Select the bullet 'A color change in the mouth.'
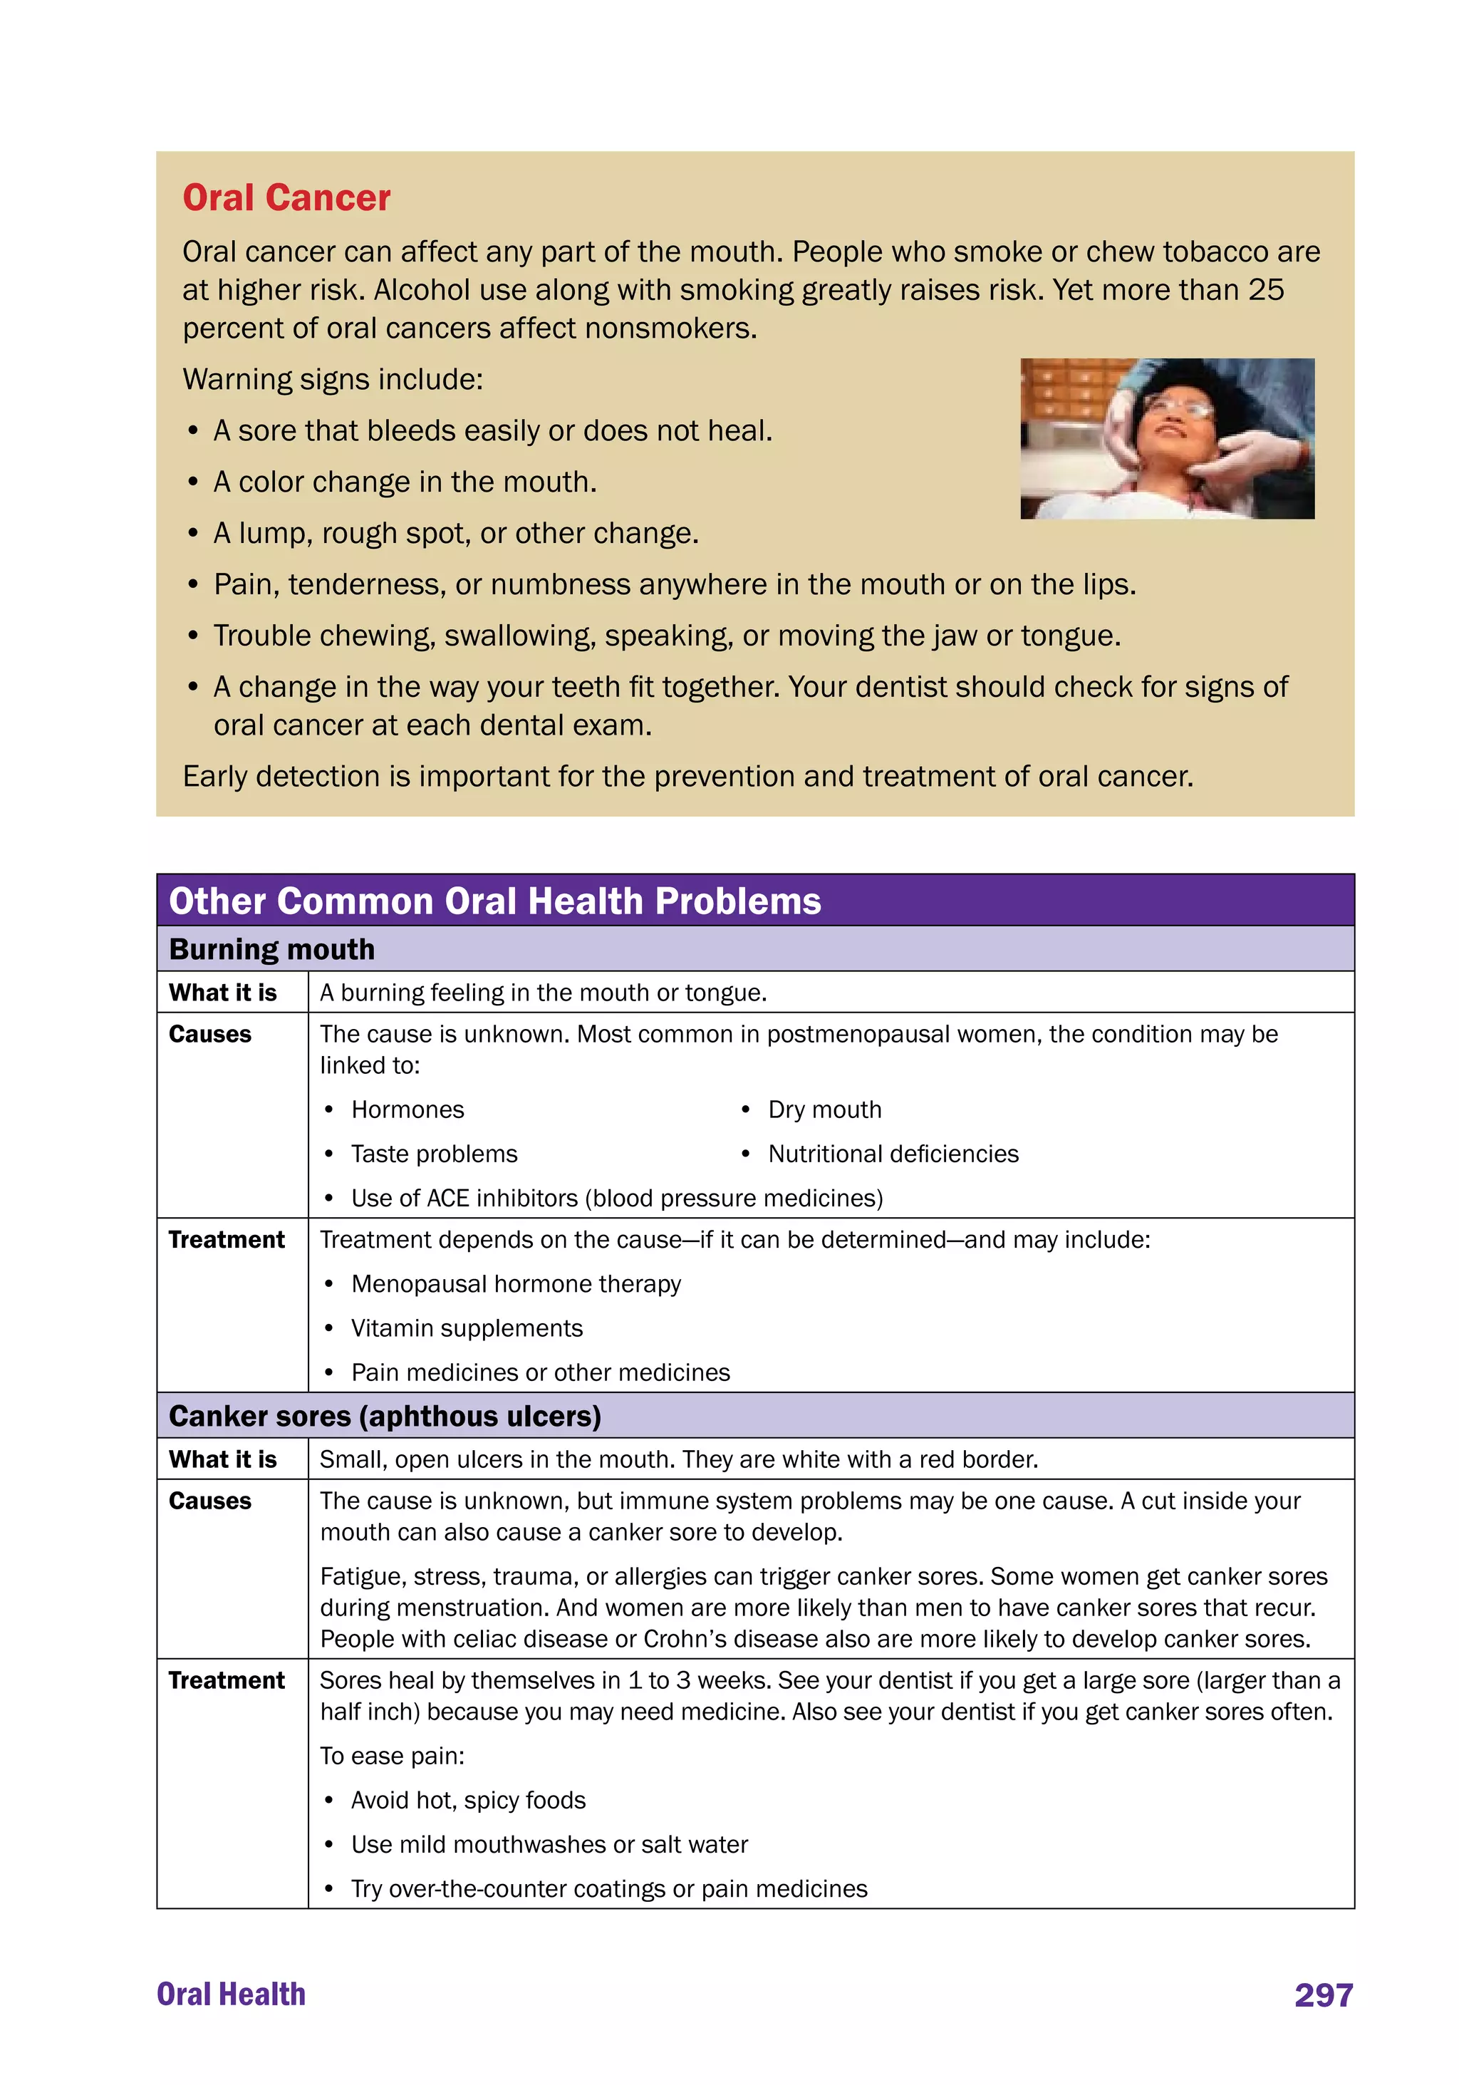(x=405, y=482)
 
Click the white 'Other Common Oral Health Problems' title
(x=495, y=901)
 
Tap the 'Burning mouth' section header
(x=271, y=949)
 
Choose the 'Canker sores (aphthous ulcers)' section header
(x=385, y=1416)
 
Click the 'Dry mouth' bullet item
(x=824, y=1109)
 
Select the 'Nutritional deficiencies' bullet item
(x=893, y=1154)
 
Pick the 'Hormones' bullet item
(x=407, y=1109)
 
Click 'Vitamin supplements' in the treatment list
(x=467, y=1328)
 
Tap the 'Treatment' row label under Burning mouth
(x=226, y=1240)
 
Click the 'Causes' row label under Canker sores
(x=209, y=1501)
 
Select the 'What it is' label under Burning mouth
(x=222, y=993)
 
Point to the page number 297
(x=1323, y=1995)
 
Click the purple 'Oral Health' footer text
(x=231, y=1995)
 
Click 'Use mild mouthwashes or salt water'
(x=549, y=1844)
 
